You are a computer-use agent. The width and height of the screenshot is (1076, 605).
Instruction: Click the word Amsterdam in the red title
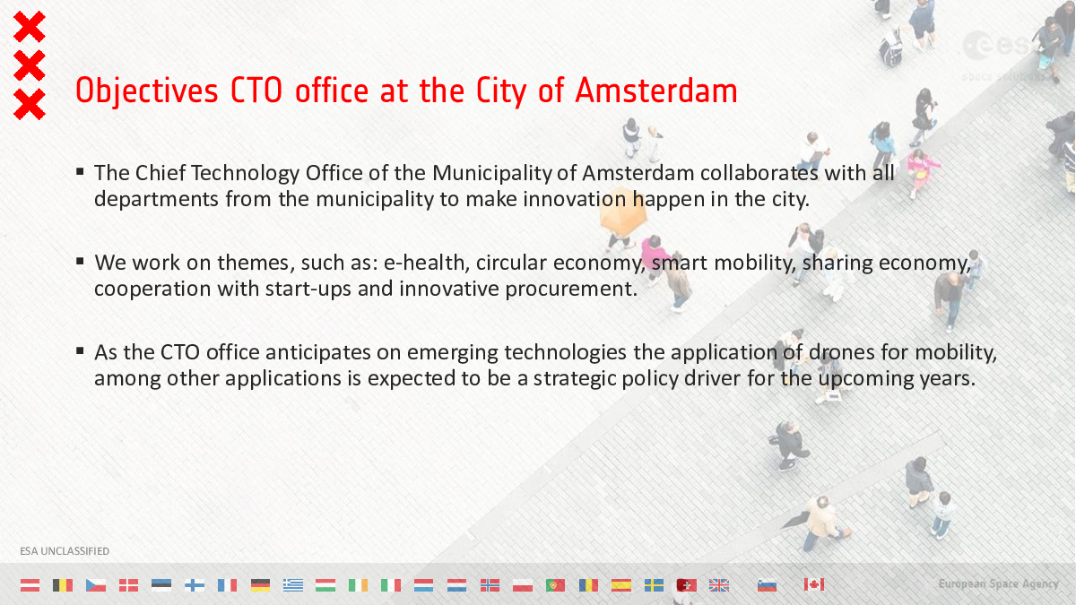coord(655,91)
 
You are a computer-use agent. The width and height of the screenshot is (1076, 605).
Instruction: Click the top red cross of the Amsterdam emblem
coord(30,27)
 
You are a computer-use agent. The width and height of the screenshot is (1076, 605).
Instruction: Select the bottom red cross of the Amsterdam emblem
coord(30,104)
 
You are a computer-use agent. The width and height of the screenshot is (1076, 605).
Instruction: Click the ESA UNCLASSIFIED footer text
coord(65,551)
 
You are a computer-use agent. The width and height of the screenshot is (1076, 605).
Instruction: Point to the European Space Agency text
coord(999,583)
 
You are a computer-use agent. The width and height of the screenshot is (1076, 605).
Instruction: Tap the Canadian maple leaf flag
coord(814,584)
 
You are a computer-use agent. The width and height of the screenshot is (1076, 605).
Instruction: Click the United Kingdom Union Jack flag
coord(718,584)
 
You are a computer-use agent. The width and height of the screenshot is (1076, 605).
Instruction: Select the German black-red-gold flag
coord(260,584)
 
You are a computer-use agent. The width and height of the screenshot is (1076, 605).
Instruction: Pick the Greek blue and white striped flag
coord(293,584)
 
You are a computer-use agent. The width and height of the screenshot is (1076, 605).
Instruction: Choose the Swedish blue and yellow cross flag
coord(654,584)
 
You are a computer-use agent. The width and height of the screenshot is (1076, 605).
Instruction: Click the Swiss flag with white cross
coord(687,584)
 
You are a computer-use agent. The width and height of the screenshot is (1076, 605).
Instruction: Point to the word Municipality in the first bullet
coord(492,174)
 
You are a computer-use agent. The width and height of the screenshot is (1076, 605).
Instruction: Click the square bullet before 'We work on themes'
coord(80,261)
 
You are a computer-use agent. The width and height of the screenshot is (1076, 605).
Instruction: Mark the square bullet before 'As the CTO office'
coord(80,351)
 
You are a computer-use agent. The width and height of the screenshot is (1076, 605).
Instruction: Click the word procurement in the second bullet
coord(571,289)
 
